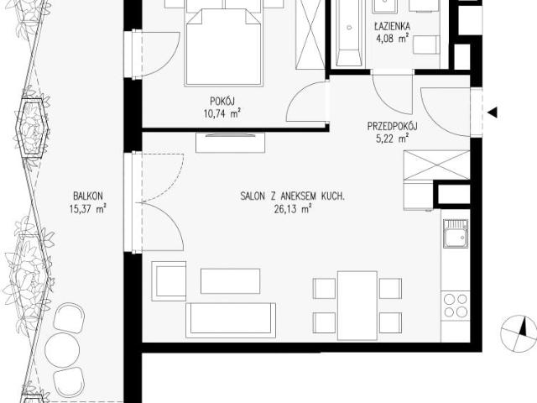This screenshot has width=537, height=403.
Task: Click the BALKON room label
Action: click(88, 196)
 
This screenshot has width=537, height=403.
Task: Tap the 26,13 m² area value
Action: click(293, 209)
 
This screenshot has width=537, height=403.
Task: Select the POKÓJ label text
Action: click(222, 101)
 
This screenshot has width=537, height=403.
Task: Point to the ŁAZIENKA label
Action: click(392, 26)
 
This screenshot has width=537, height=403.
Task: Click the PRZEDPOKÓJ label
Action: click(392, 127)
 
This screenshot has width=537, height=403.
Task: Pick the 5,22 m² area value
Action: click(392, 139)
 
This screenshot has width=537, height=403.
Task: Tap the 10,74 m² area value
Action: click(222, 113)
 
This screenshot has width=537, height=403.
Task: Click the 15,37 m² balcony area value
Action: click(88, 209)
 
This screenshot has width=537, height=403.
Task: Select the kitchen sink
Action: click(455, 233)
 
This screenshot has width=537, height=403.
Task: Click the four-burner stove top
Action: click(455, 306)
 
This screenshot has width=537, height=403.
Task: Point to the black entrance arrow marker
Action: click(493, 113)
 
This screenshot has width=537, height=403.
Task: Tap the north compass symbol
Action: click(519, 333)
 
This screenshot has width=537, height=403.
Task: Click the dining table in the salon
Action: click(357, 306)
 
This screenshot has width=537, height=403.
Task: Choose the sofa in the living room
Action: click(231, 320)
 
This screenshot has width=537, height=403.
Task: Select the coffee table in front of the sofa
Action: click(230, 281)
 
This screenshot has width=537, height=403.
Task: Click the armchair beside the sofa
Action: click(169, 281)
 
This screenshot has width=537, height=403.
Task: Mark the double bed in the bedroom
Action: click(224, 46)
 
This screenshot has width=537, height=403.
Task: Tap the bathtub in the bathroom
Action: click(349, 34)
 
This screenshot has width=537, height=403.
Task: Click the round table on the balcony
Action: click(62, 350)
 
